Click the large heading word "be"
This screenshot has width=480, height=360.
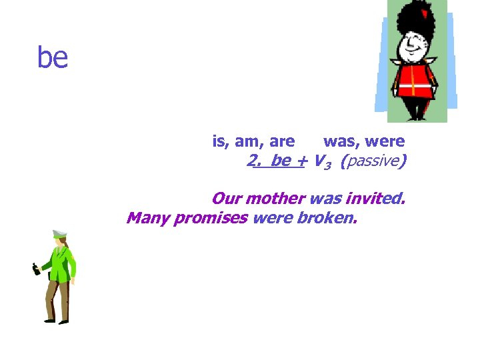[x=53, y=58]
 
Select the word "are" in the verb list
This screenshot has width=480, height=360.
[x=282, y=141]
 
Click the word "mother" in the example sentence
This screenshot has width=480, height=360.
[x=275, y=199]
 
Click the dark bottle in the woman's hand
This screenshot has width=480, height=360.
[x=36, y=269]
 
